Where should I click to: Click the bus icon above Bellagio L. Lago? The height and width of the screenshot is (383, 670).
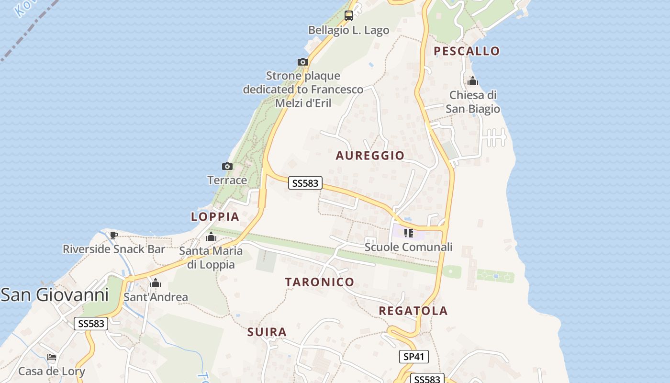[x=349, y=16]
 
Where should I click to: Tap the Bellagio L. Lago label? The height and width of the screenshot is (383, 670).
[x=348, y=30]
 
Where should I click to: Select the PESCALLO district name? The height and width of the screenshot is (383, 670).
[x=467, y=51]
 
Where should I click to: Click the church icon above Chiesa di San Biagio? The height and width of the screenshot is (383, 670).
[x=473, y=81]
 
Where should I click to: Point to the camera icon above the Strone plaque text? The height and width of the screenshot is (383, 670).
[x=302, y=62]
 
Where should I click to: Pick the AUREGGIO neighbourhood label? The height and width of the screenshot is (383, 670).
[x=370, y=156]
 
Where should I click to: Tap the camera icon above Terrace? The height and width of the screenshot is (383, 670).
[x=227, y=167]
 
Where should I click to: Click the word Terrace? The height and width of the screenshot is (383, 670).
[x=227, y=180]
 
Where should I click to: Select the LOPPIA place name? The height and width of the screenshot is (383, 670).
[x=215, y=217]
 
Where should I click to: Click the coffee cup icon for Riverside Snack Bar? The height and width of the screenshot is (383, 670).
[x=113, y=235]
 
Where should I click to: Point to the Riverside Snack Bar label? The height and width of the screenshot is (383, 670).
[x=114, y=249]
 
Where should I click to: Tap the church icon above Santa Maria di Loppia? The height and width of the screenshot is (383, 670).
[x=211, y=237]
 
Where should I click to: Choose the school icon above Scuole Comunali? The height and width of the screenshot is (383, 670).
[x=408, y=233]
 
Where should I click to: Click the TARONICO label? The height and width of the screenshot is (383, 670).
[x=320, y=282]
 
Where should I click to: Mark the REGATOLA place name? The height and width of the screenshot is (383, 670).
[x=413, y=311]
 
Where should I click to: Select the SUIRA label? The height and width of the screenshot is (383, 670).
[x=267, y=332]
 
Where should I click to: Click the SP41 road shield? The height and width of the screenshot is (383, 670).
[x=413, y=357]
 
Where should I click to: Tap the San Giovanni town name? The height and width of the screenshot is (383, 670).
[x=55, y=294]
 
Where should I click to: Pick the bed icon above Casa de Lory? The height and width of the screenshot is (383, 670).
[x=52, y=357]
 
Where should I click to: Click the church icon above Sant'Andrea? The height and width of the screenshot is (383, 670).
[x=156, y=283]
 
